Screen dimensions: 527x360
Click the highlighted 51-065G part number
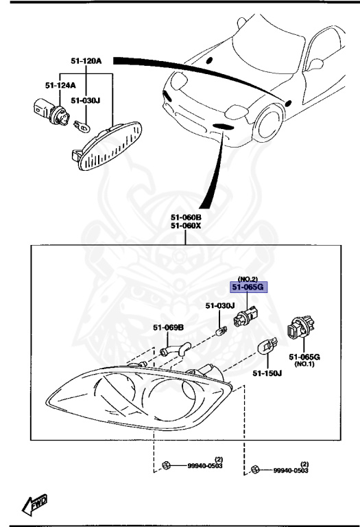(x=250, y=288)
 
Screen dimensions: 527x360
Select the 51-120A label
(x=85, y=61)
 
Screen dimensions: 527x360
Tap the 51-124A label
(x=60, y=86)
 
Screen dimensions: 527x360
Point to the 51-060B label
(x=187, y=217)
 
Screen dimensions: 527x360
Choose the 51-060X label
(x=187, y=225)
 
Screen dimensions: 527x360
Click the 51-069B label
(x=168, y=328)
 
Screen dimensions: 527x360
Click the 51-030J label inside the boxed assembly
(x=220, y=305)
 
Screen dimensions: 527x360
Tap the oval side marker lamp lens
(x=109, y=145)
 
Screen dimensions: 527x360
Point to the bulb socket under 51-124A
(x=45, y=110)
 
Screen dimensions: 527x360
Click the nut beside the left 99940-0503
(x=167, y=467)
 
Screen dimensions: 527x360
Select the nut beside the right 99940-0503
(x=254, y=471)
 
